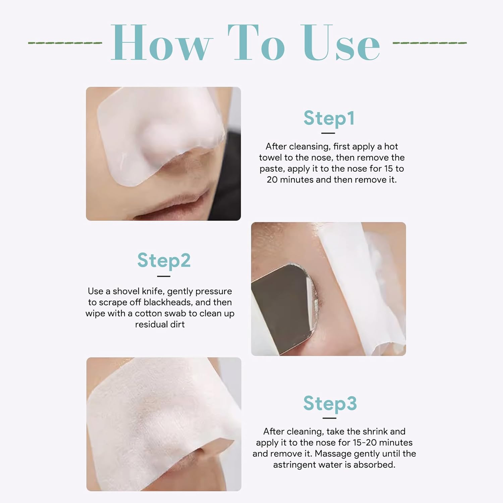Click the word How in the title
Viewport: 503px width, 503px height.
161,43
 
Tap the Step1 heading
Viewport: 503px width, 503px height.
329,118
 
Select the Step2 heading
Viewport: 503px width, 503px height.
164,261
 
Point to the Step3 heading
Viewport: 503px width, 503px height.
330,403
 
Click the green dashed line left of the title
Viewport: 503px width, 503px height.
65,43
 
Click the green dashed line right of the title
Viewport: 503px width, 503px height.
430,43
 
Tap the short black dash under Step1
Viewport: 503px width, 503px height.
328,133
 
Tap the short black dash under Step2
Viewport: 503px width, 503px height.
164,276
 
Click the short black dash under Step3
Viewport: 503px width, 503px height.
329,418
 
